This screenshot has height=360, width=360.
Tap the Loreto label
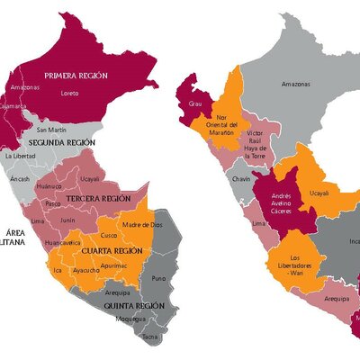point(69,92)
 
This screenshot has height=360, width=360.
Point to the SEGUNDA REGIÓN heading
point(61,143)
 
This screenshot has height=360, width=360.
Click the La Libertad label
point(20,156)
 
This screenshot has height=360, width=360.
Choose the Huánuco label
point(49,186)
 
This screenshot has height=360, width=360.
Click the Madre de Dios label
point(141,224)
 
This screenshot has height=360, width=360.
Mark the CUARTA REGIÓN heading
point(112,250)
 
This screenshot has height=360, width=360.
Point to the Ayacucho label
point(85,269)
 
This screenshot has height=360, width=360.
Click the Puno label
point(158,278)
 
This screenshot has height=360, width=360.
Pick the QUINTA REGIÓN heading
point(133,305)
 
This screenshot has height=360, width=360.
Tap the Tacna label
point(149,336)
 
